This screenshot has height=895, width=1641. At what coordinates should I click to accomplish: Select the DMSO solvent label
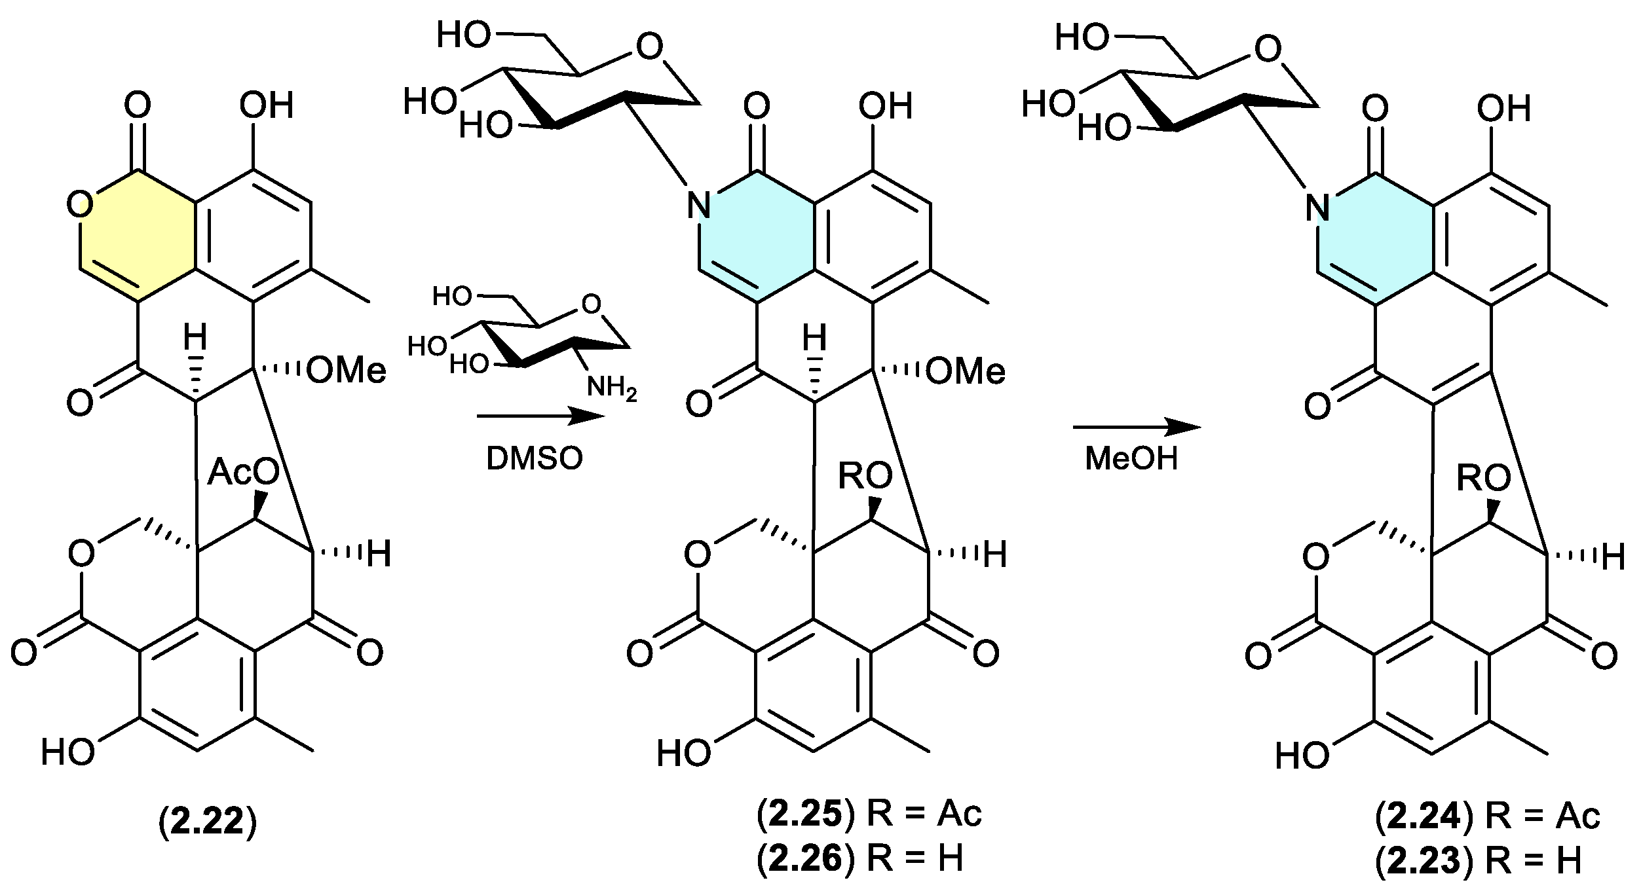coord(534,459)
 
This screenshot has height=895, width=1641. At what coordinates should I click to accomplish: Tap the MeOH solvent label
coord(1131,458)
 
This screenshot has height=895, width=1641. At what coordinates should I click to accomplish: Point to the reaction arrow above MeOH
coord(1137,428)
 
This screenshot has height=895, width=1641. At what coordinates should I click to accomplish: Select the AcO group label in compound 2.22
coord(243,472)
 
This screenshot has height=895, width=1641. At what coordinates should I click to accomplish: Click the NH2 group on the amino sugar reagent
coord(611,387)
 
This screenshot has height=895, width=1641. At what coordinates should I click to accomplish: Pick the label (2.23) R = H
coord(1479,862)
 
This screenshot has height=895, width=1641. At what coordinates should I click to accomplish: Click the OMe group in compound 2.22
coord(346,371)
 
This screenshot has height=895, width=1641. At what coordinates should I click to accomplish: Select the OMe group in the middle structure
coord(965,371)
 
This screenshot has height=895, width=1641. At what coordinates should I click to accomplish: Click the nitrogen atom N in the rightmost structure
coord(1317,208)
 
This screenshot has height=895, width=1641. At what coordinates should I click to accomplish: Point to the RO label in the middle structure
coord(865,476)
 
